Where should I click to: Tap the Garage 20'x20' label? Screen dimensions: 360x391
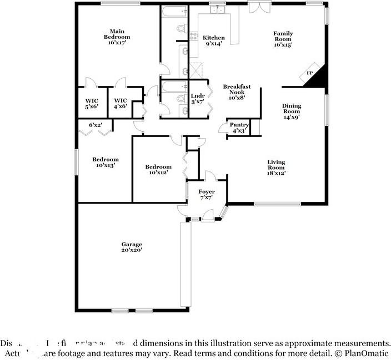[x=132, y=247]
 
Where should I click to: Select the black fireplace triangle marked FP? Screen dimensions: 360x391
[x=315, y=77]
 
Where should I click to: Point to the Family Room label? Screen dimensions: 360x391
[x=283, y=37]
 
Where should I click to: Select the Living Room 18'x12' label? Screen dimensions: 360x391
[x=276, y=168]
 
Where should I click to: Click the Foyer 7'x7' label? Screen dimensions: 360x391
[x=207, y=195]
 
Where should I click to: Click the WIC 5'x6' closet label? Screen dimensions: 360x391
[x=92, y=103]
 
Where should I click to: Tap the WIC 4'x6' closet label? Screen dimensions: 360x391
[x=121, y=103]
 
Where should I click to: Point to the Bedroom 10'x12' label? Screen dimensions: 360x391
[x=158, y=170]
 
